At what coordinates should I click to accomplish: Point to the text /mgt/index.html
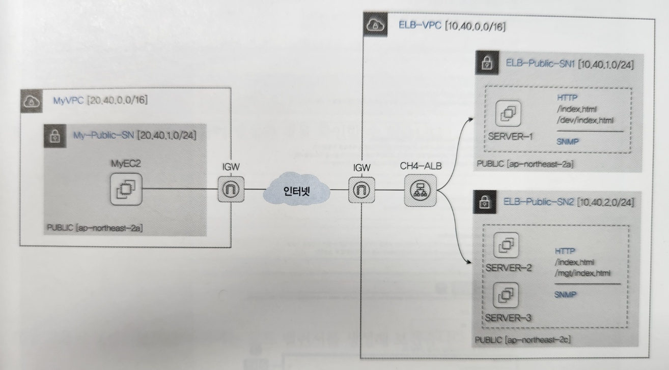(x=582, y=273)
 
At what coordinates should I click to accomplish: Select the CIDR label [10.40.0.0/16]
(x=475, y=26)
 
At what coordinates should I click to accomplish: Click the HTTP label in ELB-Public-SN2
(x=563, y=251)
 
